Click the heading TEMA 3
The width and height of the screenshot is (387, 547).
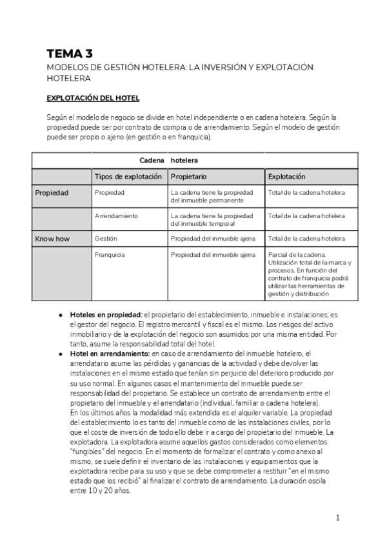(x=69, y=54)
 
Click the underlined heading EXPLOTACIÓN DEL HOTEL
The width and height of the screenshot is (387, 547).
(x=93, y=98)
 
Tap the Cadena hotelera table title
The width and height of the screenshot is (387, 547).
(x=169, y=160)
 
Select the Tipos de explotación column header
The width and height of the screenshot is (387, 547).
(x=128, y=177)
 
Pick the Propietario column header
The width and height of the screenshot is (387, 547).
(x=189, y=177)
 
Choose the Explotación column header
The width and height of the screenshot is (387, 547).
(x=286, y=177)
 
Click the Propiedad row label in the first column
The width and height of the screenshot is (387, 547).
(x=52, y=193)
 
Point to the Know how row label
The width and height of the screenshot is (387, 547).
(x=52, y=239)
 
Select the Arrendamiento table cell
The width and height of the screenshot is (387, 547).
(x=116, y=215)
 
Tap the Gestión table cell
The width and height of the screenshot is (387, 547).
(x=106, y=239)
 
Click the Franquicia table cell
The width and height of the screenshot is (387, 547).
(x=110, y=255)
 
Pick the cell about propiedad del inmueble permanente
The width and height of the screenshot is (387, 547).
(x=212, y=197)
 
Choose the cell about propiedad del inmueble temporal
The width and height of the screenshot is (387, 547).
(x=212, y=219)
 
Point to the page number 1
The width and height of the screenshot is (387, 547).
(x=337, y=517)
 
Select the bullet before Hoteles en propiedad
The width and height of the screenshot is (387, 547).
(x=60, y=315)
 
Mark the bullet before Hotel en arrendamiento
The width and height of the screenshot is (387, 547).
(x=60, y=354)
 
